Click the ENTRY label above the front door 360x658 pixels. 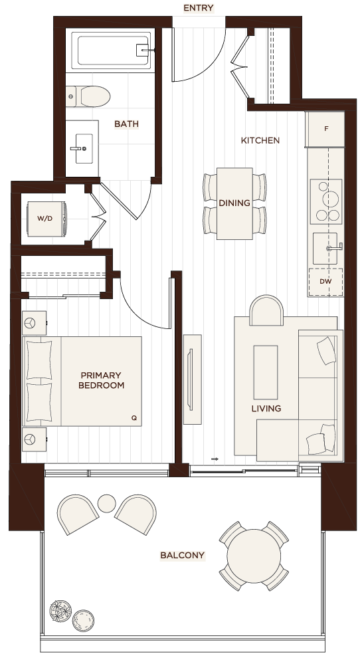coord(199,8)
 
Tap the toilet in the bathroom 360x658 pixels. coord(88,96)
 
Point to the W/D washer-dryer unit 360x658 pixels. coord(46,218)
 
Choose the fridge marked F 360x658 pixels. coord(326,129)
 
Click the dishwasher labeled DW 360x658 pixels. coord(325,282)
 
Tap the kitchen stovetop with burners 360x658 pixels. coord(326,201)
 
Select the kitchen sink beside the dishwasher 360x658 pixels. coord(326,249)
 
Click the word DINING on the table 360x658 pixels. coord(234,203)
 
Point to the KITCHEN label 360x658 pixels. coord(260,140)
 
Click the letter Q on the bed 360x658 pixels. coord(134,418)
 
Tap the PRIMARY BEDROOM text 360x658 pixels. coord(101,380)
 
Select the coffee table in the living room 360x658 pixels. coord(266,372)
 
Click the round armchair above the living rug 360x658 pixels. coord(266,310)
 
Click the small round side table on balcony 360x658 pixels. coord(106,503)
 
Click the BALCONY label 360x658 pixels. coord(183,556)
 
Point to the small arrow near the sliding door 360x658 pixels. coord(215,459)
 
